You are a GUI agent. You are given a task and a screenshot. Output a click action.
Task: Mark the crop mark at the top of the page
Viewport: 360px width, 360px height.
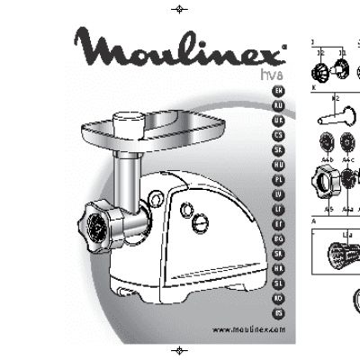180,9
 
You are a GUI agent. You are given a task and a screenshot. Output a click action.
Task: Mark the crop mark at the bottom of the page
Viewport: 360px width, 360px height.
180,350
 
